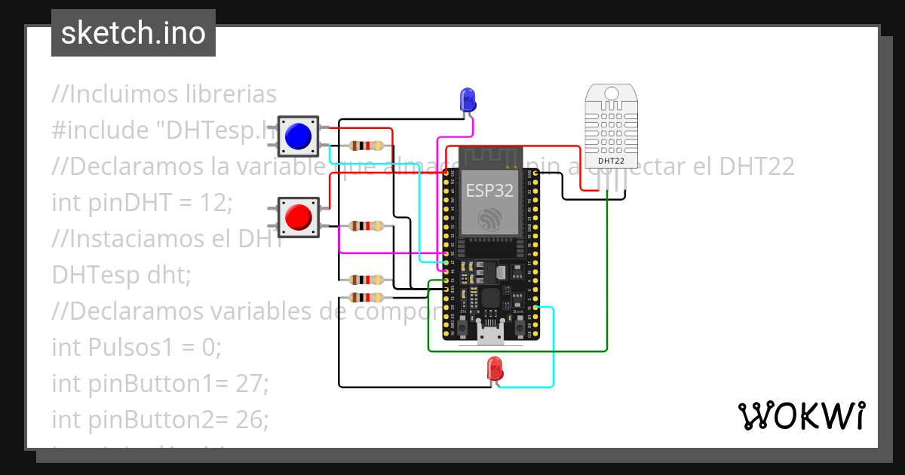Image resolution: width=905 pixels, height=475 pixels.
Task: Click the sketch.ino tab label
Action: [x=133, y=33]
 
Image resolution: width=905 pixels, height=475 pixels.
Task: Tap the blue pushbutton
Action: [x=298, y=136]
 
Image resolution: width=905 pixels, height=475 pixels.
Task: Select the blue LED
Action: [x=468, y=100]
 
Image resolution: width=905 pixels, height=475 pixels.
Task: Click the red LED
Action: [x=495, y=369]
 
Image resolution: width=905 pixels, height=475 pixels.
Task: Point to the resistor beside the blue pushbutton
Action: [x=367, y=146]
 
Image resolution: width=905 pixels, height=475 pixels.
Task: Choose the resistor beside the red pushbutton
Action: [x=367, y=225]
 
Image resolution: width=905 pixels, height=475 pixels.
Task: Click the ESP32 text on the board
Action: [x=489, y=190]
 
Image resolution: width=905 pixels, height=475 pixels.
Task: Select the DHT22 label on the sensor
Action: [x=610, y=161]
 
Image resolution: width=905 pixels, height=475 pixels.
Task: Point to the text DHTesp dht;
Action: [x=121, y=274]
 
